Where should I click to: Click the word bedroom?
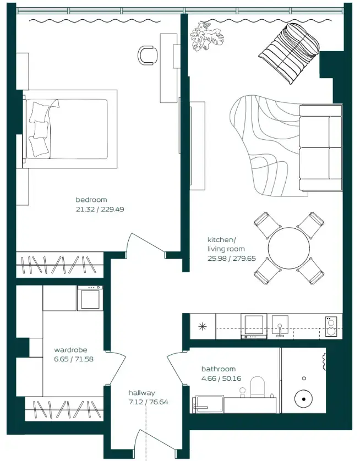pos(91,200)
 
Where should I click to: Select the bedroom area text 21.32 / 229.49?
pos(100,210)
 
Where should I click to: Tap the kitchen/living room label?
pos(221,244)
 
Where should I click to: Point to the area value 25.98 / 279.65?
pos(231,258)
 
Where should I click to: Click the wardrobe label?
pos(70,350)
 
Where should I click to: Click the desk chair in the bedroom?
pos(148,54)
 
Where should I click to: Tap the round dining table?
pos(290,249)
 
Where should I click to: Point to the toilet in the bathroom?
pos(258,386)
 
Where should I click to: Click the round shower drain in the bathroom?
pos(303,399)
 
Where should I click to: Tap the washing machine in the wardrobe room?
pos(89,299)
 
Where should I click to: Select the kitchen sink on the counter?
pos(280,327)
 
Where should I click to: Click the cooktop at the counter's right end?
pos(331,326)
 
